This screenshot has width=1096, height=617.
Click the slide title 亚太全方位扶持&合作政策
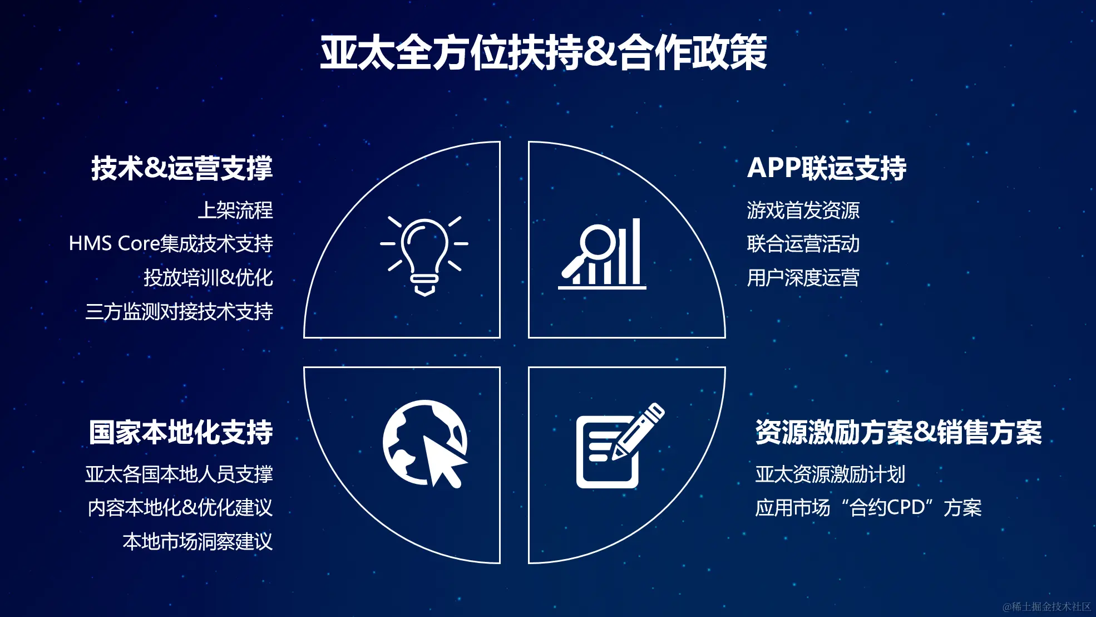[x=544, y=52]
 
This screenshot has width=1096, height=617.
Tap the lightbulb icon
[x=424, y=256]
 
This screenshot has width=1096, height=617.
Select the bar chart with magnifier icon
[x=603, y=253]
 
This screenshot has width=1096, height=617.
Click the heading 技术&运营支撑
[x=182, y=168]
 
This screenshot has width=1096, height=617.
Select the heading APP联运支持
[x=827, y=168]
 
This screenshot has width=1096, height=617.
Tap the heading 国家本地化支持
[x=181, y=432]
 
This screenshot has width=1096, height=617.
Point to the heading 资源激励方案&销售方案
[x=898, y=432]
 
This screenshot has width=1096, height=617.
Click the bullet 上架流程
[x=235, y=210]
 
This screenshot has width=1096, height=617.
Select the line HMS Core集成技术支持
[x=171, y=244]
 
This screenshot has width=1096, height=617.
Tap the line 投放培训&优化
[x=208, y=277]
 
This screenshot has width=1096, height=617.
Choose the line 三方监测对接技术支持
[x=179, y=311]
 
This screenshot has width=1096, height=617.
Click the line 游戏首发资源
[x=803, y=210]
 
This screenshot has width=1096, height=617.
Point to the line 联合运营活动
[x=803, y=244]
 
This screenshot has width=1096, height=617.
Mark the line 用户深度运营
[x=803, y=277]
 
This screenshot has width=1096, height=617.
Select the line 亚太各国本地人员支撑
[x=179, y=474]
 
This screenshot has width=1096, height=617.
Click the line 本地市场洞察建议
[x=198, y=542]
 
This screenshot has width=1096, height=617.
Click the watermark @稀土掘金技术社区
[x=1046, y=606]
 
